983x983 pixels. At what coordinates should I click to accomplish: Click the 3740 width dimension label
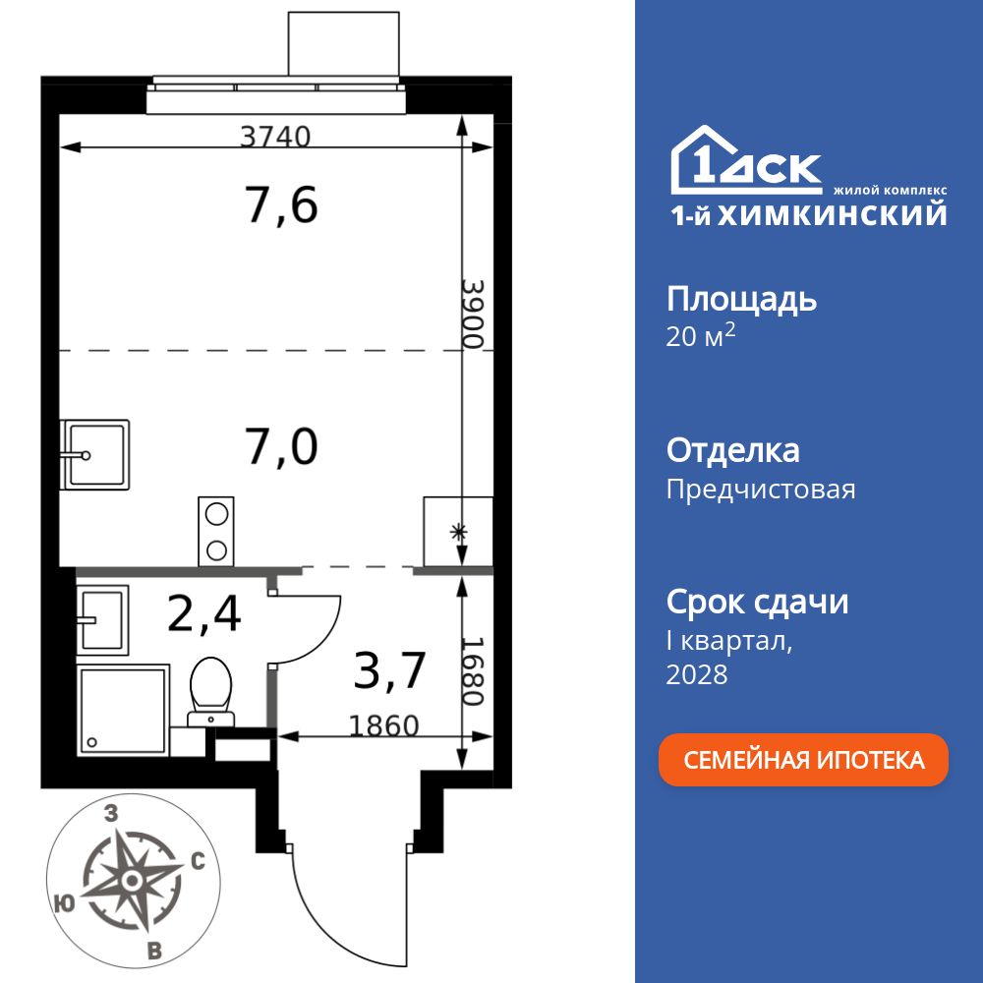point(275,137)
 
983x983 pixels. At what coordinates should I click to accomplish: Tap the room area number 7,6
point(282,206)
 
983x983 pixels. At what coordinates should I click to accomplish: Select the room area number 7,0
point(282,447)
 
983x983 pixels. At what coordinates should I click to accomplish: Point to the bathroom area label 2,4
point(203,615)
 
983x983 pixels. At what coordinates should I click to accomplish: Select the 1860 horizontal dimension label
point(384,725)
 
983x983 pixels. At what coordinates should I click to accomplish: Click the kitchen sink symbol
point(95,454)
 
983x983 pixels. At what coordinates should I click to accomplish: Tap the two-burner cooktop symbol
point(216,531)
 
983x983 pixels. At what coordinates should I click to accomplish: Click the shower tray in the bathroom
point(123,709)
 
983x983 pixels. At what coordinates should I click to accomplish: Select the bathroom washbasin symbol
point(102,619)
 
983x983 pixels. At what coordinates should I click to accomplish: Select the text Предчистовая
point(761,490)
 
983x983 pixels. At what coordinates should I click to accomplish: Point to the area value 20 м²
point(701,337)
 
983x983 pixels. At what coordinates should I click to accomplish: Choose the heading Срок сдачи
point(757,602)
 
